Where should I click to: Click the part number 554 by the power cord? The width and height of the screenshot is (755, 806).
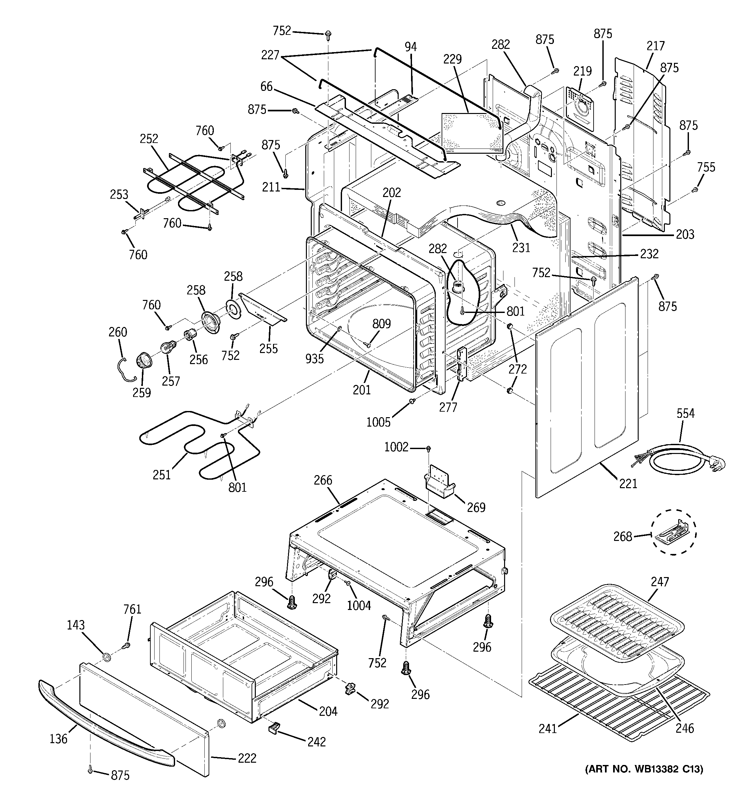(685, 414)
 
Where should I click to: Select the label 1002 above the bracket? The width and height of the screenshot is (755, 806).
(396, 447)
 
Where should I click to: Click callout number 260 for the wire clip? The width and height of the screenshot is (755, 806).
(117, 332)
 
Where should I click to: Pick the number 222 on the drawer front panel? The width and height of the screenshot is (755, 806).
(247, 758)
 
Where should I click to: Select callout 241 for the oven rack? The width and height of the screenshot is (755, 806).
(547, 728)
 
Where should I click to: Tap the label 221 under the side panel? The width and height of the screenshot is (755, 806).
(628, 483)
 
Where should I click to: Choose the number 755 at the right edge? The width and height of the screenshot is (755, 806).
(706, 167)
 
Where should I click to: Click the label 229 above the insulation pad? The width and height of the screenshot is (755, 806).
(452, 59)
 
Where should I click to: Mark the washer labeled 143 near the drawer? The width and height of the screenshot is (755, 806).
(107, 657)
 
